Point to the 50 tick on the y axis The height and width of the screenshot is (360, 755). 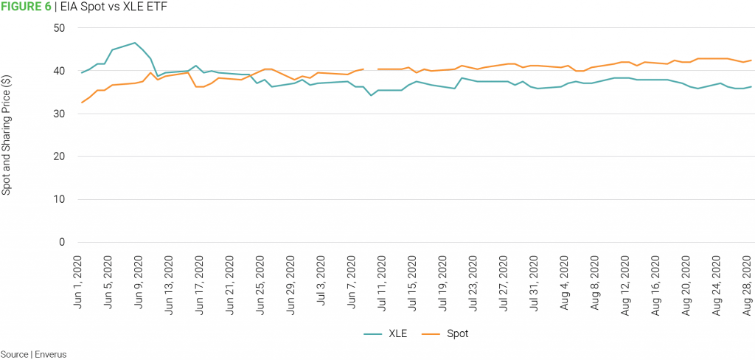click(x=59, y=28)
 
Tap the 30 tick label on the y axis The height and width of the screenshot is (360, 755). click(x=59, y=114)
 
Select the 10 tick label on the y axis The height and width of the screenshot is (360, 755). click(x=59, y=199)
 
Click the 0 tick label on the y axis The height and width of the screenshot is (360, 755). click(x=62, y=242)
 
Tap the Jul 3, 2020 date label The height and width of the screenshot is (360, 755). click(x=321, y=285)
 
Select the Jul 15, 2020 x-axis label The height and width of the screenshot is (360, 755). click(x=412, y=284)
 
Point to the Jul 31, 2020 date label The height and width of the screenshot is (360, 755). click(x=534, y=284)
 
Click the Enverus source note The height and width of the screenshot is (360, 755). click(x=33, y=354)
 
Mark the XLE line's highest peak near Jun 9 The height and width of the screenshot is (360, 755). click(x=134, y=43)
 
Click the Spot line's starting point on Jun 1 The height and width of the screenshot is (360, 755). click(x=81, y=103)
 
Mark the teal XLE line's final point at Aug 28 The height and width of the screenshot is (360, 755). click(x=751, y=87)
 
